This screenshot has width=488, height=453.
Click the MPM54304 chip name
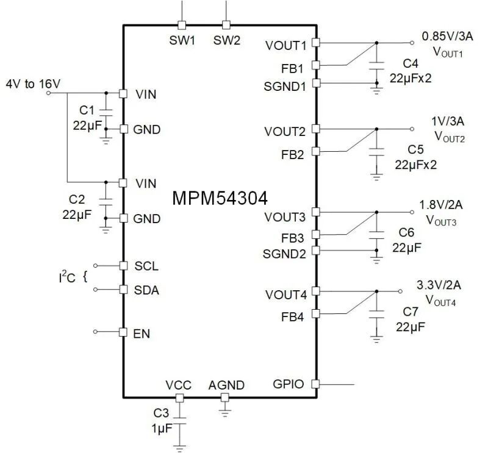[219, 198]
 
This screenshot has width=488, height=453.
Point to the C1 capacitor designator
[87, 110]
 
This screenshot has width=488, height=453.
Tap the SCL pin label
[146, 266]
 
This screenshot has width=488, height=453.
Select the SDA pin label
[147, 290]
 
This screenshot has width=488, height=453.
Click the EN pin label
[142, 334]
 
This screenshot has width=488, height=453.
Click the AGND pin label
[226, 385]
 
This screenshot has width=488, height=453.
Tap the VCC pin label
[179, 385]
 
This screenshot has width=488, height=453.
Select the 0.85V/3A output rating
[447, 36]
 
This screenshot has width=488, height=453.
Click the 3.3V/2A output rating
[439, 285]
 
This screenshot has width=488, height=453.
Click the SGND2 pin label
[285, 253]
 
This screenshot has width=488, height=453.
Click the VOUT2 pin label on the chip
[285, 132]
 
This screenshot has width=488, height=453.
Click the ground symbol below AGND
[225, 412]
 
